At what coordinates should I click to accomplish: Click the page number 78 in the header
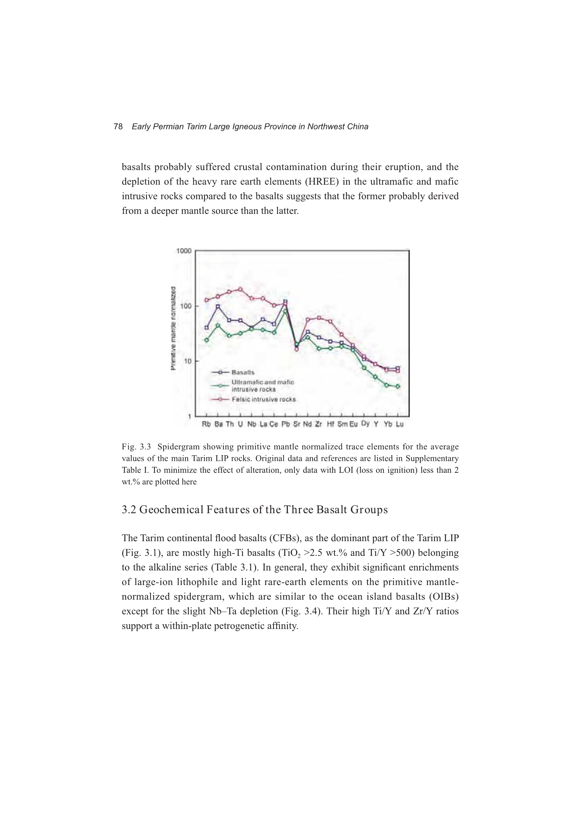click(x=118, y=126)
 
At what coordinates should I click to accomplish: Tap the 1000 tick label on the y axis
click(x=184, y=251)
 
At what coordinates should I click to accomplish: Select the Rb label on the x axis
click(x=206, y=424)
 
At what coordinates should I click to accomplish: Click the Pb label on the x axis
click(x=285, y=424)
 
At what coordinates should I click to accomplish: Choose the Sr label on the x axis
click(x=296, y=424)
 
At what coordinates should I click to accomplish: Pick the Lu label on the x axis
click(x=400, y=424)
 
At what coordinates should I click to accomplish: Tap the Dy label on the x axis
click(x=365, y=424)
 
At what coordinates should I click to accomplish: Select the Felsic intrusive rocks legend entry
click(x=264, y=399)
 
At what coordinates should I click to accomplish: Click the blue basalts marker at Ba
click(x=218, y=307)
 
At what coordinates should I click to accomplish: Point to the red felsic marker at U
click(x=240, y=289)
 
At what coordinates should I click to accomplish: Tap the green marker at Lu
click(x=398, y=387)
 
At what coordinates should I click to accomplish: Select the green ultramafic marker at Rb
click(x=207, y=340)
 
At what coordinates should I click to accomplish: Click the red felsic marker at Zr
click(x=319, y=318)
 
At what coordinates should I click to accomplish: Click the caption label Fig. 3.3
click(x=136, y=447)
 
